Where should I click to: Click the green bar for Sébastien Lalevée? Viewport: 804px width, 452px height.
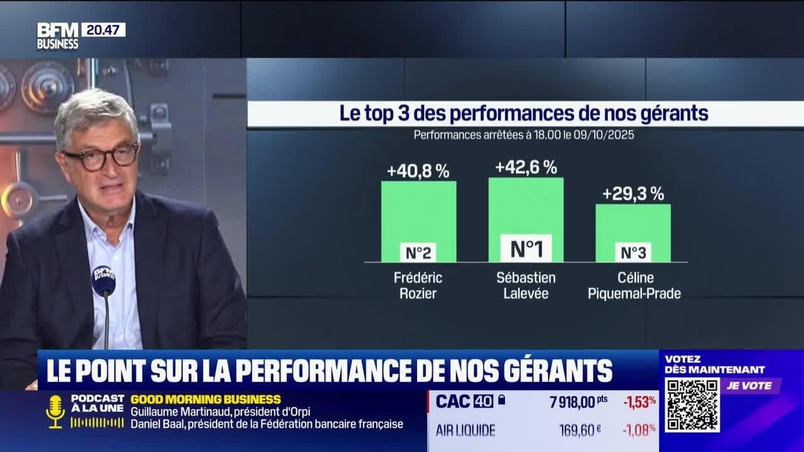click(526, 207)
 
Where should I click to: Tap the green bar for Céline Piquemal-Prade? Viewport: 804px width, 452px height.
click(633, 223)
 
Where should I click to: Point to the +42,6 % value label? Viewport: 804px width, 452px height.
click(526, 167)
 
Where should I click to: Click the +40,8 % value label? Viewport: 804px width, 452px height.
click(418, 171)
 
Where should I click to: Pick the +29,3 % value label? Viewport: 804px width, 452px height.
click(633, 194)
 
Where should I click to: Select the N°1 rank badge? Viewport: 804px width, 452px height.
click(526, 249)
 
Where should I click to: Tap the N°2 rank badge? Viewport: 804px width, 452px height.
click(418, 252)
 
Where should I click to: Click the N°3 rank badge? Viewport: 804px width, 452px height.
click(633, 252)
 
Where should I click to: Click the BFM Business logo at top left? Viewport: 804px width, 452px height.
click(58, 36)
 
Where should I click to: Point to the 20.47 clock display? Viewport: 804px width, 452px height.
click(103, 30)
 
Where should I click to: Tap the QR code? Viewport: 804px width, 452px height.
click(692, 405)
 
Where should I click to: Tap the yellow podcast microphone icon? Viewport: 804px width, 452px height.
click(55, 411)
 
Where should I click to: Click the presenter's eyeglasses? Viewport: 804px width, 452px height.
click(100, 157)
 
